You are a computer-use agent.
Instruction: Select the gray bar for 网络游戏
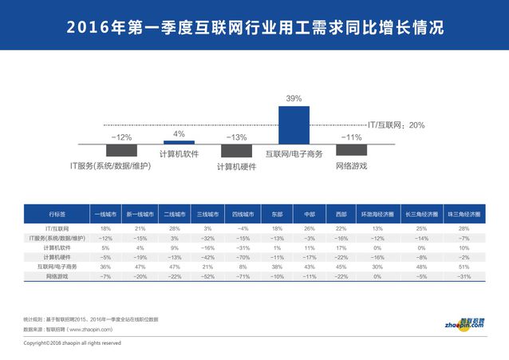351,150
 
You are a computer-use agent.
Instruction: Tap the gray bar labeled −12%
121,150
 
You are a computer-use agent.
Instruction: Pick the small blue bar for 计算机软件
179,141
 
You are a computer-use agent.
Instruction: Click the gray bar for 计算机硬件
236,151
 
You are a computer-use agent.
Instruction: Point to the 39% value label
294,98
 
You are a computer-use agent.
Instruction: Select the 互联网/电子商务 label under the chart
294,153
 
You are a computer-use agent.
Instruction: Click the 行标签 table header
57,215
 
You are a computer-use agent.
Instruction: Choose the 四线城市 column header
243,215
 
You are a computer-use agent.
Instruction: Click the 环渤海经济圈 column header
373,215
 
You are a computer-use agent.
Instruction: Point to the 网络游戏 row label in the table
57,275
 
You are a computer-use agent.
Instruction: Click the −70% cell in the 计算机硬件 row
243,257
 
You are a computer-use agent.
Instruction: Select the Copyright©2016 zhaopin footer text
72,342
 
